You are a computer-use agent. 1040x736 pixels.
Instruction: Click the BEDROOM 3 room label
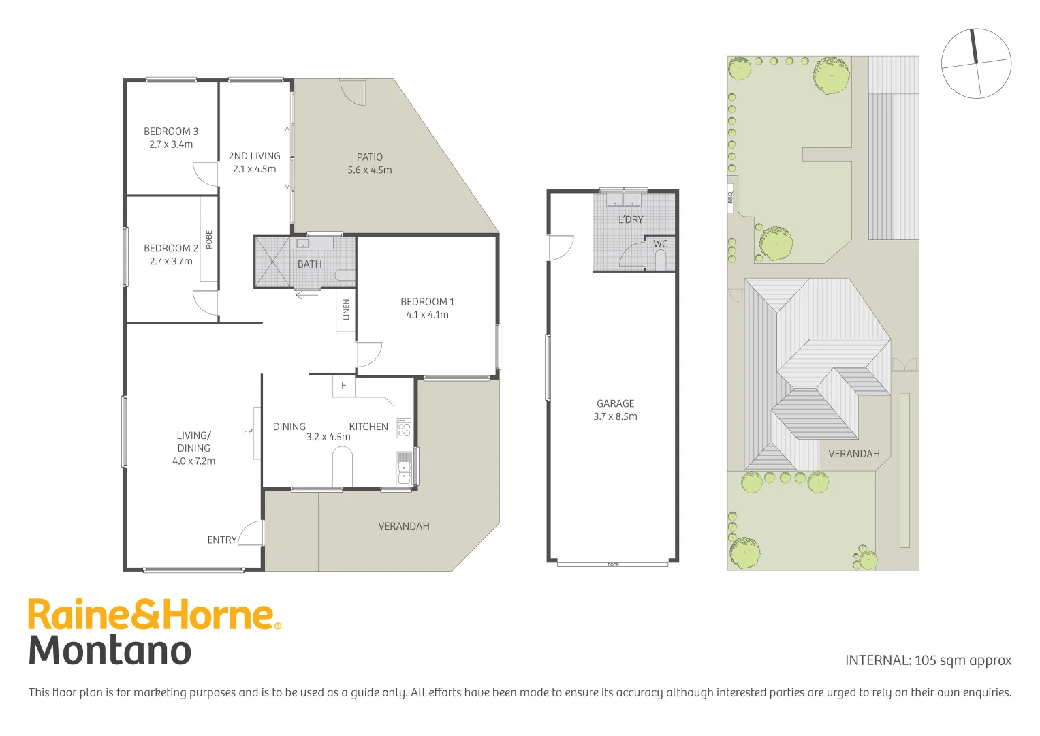pyautogui.click(x=170, y=132)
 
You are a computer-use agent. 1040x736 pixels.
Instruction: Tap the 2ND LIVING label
pyautogui.click(x=254, y=156)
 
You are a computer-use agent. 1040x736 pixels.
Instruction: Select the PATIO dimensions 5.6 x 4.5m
pyautogui.click(x=369, y=170)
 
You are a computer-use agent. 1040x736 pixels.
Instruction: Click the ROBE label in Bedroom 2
pyautogui.click(x=209, y=239)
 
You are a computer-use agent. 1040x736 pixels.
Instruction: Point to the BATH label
pyautogui.click(x=309, y=264)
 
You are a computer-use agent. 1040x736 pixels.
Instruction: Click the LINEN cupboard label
pyautogui.click(x=346, y=309)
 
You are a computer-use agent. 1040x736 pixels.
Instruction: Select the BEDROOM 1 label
pyautogui.click(x=427, y=302)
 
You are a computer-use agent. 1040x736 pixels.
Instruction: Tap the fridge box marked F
pyautogui.click(x=343, y=386)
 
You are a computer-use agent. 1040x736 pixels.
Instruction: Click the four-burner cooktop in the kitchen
pyautogui.click(x=404, y=428)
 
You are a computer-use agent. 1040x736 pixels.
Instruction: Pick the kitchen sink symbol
pyautogui.click(x=404, y=468)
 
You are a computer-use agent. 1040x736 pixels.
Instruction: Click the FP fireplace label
pyautogui.click(x=248, y=431)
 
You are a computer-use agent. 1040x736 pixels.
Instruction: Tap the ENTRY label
pyautogui.click(x=222, y=540)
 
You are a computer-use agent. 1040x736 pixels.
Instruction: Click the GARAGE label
pyautogui.click(x=615, y=403)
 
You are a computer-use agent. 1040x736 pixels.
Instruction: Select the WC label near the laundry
pyautogui.click(x=660, y=244)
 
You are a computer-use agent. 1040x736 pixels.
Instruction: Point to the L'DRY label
pyautogui.click(x=630, y=219)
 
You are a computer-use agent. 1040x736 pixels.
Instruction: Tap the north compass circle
pyautogui.click(x=976, y=64)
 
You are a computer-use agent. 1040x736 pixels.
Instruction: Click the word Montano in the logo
pyautogui.click(x=110, y=650)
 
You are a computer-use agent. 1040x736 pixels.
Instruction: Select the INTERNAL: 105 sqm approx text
pyautogui.click(x=928, y=660)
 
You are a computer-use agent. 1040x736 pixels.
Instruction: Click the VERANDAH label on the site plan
pyautogui.click(x=853, y=454)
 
